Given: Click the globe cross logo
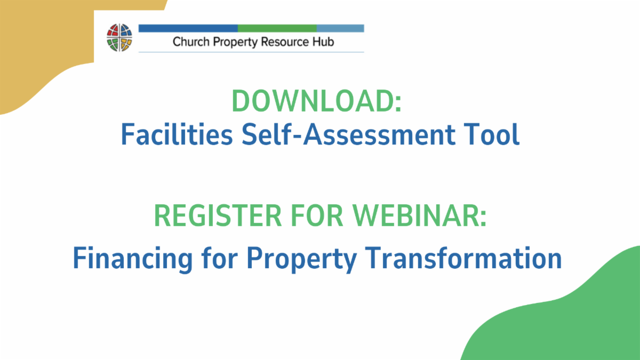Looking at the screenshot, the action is (119, 38).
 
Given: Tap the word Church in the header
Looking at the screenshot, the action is (191, 42).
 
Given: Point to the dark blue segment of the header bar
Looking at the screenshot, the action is (188, 28).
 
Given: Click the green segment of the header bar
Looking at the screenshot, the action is (277, 28).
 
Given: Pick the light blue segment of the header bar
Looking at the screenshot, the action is (340, 28).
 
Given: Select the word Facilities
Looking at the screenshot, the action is (177, 134).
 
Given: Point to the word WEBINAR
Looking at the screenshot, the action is (419, 215).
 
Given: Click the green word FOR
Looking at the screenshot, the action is (317, 215).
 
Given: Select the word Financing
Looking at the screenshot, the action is (133, 259).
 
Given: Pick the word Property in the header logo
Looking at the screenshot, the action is (235, 42).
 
